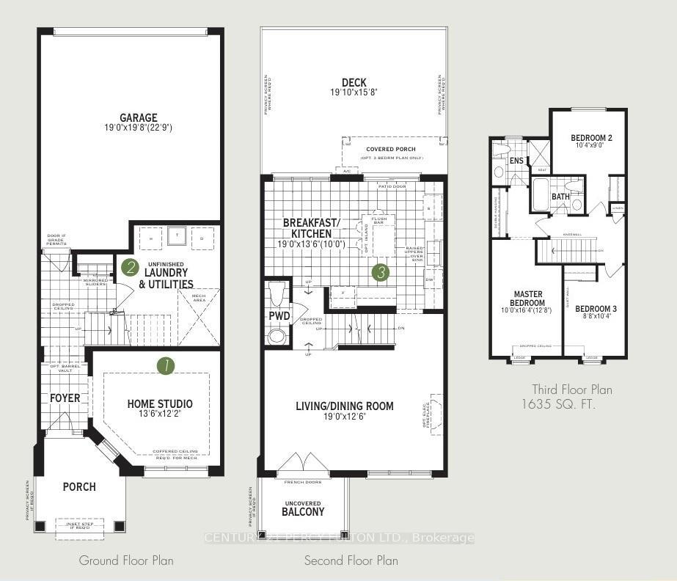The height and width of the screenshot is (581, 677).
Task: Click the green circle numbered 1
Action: [x=166, y=365]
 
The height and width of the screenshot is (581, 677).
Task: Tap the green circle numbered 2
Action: [x=130, y=267]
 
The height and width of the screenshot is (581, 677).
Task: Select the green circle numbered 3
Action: [x=380, y=273]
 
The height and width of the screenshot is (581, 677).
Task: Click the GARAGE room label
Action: [x=139, y=117]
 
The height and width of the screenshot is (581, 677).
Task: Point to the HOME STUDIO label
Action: [x=160, y=403]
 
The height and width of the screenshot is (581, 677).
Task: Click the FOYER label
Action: [x=65, y=398]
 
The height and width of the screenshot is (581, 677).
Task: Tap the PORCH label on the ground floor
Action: [x=78, y=486]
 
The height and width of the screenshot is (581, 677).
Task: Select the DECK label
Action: [x=354, y=83]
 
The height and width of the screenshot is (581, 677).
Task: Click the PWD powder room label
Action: [x=278, y=317]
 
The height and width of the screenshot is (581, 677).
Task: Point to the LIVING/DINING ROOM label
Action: [x=345, y=406]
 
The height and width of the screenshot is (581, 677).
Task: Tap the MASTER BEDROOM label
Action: [x=528, y=299]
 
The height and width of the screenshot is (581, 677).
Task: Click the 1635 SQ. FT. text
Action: [x=559, y=403]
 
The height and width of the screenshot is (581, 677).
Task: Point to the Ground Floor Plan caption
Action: [x=126, y=560]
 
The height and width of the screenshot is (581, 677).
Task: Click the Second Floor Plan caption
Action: [x=351, y=560]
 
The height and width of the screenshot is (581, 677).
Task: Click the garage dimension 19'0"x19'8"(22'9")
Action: [x=139, y=128]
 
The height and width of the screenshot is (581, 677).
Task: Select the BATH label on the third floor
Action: [x=560, y=197]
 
